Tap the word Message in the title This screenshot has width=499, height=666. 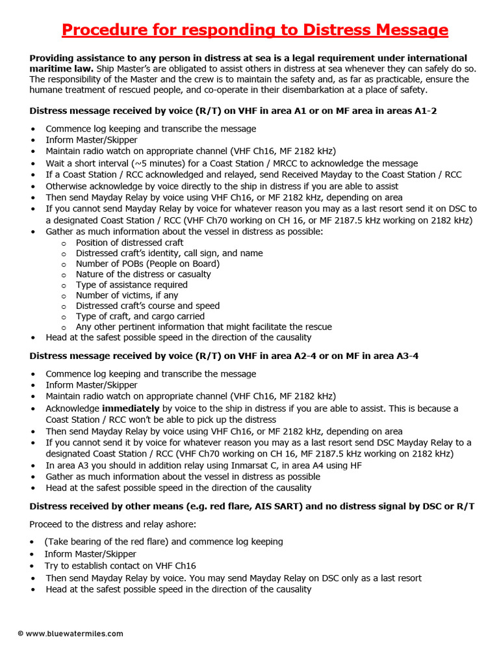tap(407, 30)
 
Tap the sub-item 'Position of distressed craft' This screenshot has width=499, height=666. tap(129, 243)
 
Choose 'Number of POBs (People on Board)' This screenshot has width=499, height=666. tap(147, 263)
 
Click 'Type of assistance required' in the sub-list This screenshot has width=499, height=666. tap(131, 285)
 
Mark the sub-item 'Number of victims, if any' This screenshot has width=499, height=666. tap(127, 295)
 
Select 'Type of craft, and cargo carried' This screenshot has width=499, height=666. tap(140, 316)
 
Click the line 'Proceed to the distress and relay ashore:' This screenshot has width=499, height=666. tap(111, 524)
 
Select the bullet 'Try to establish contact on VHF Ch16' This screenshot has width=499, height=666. tap(120, 566)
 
